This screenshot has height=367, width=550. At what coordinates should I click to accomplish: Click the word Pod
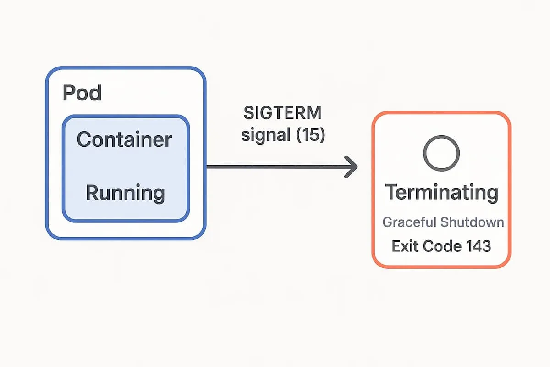pyautogui.click(x=82, y=93)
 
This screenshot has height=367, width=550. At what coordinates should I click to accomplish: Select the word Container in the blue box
pyautogui.click(x=125, y=139)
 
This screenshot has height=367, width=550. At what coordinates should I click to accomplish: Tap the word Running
pyautogui.click(x=125, y=193)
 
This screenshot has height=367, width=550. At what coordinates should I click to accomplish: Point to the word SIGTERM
pyautogui.click(x=283, y=113)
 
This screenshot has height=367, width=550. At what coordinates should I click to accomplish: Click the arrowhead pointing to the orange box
pyautogui.click(x=352, y=167)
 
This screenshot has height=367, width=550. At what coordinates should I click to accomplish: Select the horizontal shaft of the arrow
pyautogui.click(x=275, y=167)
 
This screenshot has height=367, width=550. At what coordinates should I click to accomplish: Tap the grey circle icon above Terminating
pyautogui.click(x=441, y=153)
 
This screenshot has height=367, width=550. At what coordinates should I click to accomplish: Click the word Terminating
pyautogui.click(x=441, y=192)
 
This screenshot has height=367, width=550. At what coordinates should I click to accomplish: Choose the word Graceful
pyautogui.click(x=409, y=222)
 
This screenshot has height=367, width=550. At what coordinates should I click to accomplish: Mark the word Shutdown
pyautogui.click(x=472, y=222)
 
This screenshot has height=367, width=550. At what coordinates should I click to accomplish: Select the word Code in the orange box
pyautogui.click(x=441, y=246)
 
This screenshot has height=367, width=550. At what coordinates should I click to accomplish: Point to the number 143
pyautogui.click(x=478, y=246)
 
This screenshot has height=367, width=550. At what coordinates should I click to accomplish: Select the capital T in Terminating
pyautogui.click(x=391, y=192)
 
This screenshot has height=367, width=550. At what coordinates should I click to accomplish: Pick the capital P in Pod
pyautogui.click(x=68, y=93)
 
